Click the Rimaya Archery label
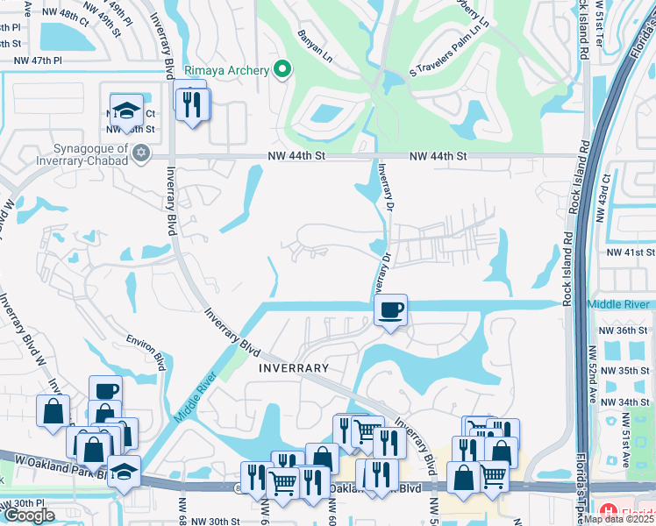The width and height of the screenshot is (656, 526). point(225,69)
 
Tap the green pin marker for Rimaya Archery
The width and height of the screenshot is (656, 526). point(282,69)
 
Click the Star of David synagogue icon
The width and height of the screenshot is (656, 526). point(141,153)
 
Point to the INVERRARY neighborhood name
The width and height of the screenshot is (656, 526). point(293,369)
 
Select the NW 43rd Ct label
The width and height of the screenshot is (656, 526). point(605,196)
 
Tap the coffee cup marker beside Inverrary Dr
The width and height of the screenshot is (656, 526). point(391,309)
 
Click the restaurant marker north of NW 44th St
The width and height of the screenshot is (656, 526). point(189,104)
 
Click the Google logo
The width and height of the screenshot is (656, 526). point(29,515)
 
